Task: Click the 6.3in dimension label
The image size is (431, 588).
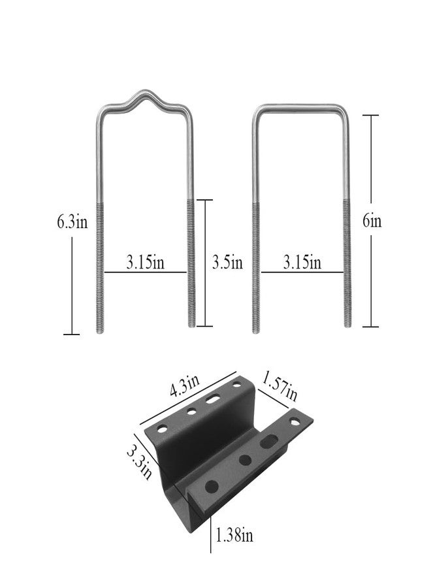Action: click(x=72, y=221)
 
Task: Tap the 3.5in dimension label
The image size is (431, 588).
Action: click(x=227, y=262)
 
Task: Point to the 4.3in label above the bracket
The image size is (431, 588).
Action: click(x=184, y=385)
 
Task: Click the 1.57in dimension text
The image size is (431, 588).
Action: click(x=279, y=385)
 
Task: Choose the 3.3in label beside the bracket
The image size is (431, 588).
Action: click(x=139, y=462)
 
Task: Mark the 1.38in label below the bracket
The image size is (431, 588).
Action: click(x=234, y=534)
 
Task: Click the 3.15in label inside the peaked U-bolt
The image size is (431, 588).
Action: click(x=145, y=262)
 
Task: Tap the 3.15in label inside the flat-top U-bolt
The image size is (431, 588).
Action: click(x=302, y=262)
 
